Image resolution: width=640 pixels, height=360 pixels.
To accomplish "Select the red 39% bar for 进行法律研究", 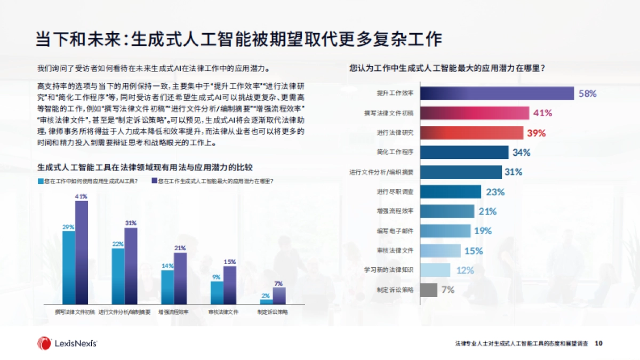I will (x=471, y=133).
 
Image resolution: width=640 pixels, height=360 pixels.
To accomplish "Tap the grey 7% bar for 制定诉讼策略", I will (x=429, y=290).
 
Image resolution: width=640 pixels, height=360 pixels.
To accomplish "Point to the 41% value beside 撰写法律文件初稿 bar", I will (x=542, y=113).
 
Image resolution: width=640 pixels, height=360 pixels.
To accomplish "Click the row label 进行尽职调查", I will (x=395, y=191).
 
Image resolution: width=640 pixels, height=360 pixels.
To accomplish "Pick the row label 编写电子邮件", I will (x=395, y=231).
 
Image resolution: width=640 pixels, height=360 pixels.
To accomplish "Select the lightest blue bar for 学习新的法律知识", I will (x=435, y=270).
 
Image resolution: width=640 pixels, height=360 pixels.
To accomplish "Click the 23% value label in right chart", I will (x=495, y=192).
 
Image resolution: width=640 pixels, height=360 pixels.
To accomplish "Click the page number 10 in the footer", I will (x=598, y=343).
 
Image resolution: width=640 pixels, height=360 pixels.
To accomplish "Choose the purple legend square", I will (x=154, y=181).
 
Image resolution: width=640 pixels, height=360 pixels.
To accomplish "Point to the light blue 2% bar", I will (x=266, y=301).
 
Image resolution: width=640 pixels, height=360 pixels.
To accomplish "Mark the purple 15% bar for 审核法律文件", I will (x=229, y=285).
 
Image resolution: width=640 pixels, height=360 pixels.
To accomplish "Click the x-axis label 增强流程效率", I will (x=173, y=311).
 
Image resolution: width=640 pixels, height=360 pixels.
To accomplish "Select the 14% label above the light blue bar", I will (x=167, y=266).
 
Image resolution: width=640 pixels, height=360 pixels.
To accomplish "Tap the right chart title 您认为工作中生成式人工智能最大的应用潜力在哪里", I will (x=446, y=68).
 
